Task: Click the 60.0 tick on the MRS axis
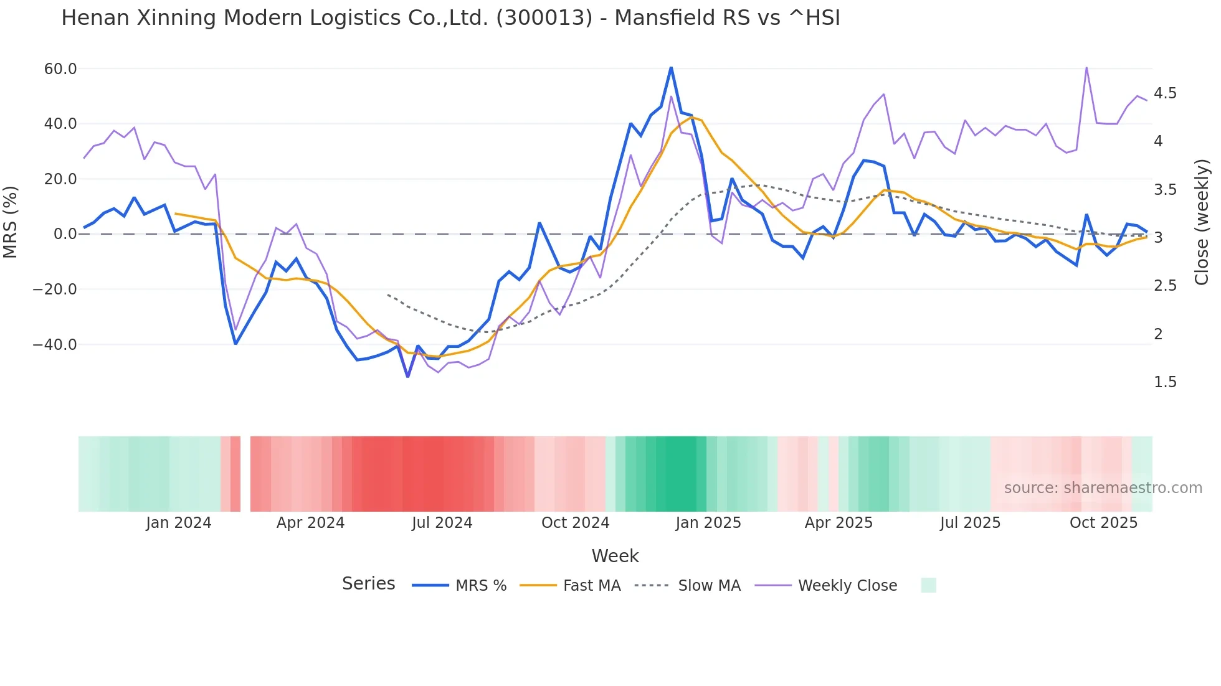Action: (x=60, y=69)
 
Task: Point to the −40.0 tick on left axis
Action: (x=55, y=345)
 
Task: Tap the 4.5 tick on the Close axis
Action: (x=1165, y=93)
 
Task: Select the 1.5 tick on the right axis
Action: (x=1165, y=382)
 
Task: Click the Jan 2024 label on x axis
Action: (x=179, y=523)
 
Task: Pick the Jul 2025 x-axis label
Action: (x=970, y=523)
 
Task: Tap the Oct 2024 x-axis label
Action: (x=575, y=523)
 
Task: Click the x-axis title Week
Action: (x=615, y=556)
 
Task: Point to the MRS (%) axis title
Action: (x=11, y=222)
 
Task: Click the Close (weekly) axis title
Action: (x=1202, y=222)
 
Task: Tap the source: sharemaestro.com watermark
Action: (x=1103, y=488)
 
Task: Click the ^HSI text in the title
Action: (x=814, y=18)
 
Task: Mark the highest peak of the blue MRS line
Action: (x=671, y=67)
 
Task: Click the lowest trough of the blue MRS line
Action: (x=408, y=376)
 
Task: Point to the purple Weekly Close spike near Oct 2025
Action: (x=1086, y=68)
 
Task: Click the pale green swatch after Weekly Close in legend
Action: (x=928, y=586)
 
